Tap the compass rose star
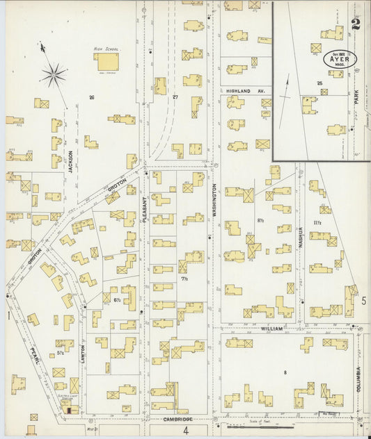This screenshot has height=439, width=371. tap(53, 73)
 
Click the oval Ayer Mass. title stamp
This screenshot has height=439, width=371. tap(340, 58)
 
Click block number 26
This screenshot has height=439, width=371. tap(91, 97)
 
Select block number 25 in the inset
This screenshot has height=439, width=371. tap(319, 84)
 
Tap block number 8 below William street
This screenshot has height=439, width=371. tap(285, 374)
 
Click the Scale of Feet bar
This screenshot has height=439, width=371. tap(278, 420)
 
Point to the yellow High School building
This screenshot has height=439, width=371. tap(107, 63)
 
